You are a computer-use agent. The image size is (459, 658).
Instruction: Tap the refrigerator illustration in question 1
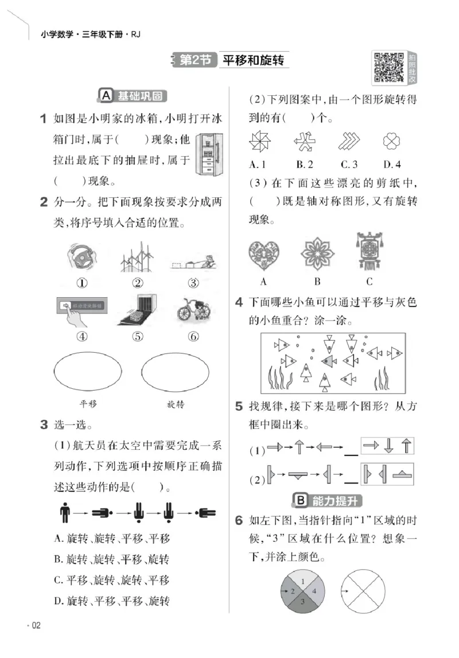coord(207,155)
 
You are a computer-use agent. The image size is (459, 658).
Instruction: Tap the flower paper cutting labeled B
coord(317,254)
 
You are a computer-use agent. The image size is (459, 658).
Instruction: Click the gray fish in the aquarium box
coord(329,361)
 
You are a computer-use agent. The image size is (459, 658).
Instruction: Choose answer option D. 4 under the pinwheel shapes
coord(392,165)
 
